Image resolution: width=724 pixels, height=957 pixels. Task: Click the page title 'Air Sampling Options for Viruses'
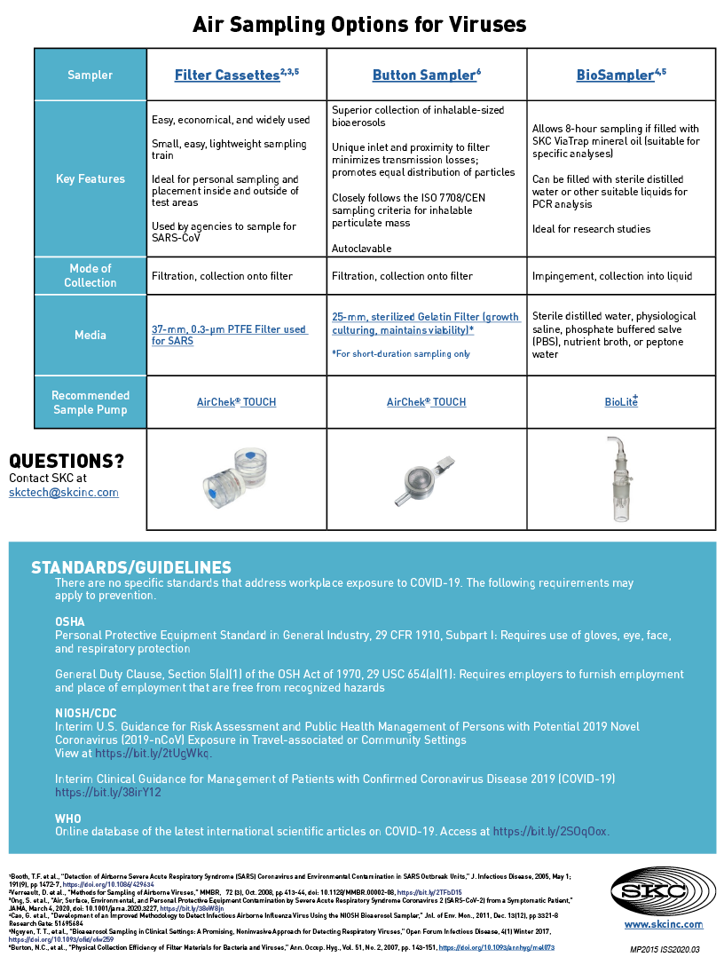(x=359, y=24)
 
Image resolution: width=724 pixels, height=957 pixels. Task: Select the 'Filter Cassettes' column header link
(x=227, y=75)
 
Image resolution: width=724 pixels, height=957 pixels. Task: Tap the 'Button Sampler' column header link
(x=424, y=75)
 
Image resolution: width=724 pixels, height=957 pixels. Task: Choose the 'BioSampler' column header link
(x=615, y=75)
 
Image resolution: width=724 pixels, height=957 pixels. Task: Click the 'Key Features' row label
(x=90, y=178)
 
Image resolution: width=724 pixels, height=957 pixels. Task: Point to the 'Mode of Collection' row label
(x=90, y=275)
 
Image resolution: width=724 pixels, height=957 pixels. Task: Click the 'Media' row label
(x=90, y=335)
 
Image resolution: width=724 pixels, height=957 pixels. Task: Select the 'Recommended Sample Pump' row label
(x=90, y=402)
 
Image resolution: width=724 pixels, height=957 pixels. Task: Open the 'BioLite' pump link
(x=621, y=402)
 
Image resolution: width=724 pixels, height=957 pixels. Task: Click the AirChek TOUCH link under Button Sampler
(x=426, y=402)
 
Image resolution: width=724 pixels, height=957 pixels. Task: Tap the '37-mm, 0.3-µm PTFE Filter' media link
(x=229, y=335)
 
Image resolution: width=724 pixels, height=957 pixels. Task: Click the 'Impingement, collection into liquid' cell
(x=612, y=276)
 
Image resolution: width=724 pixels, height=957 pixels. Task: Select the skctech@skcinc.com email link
(x=63, y=493)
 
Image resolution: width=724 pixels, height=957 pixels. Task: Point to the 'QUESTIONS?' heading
(x=67, y=461)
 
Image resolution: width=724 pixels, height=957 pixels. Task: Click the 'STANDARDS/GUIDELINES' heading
(x=131, y=567)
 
